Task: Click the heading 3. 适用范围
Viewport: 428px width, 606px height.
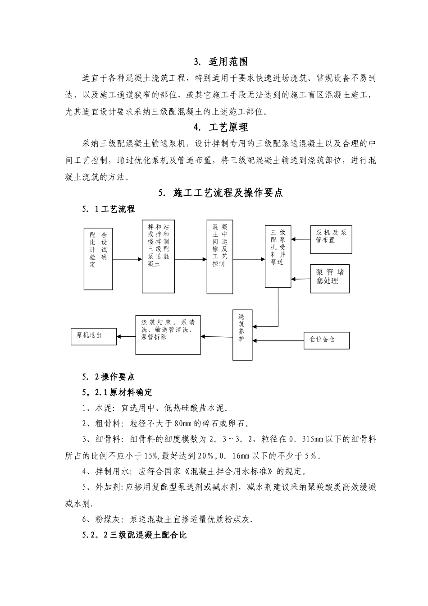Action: (x=221, y=62)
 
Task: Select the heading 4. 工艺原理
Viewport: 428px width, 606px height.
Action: (x=221, y=128)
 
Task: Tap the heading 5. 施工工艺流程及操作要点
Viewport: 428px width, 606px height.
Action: (x=221, y=193)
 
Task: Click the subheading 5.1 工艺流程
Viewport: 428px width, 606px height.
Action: (x=108, y=209)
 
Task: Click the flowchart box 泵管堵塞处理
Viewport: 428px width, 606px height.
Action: (x=330, y=277)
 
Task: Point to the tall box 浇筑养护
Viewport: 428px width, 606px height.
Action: (x=242, y=335)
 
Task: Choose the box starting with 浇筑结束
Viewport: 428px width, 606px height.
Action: (x=168, y=334)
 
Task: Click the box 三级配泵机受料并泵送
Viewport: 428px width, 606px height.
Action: (x=278, y=257)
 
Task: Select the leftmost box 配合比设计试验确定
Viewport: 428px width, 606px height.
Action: (x=98, y=259)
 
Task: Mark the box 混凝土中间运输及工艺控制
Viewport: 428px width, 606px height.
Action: (x=220, y=257)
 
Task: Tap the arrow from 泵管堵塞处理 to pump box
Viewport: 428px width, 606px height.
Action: (x=301, y=279)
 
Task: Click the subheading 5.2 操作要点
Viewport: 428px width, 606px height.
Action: (x=108, y=376)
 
